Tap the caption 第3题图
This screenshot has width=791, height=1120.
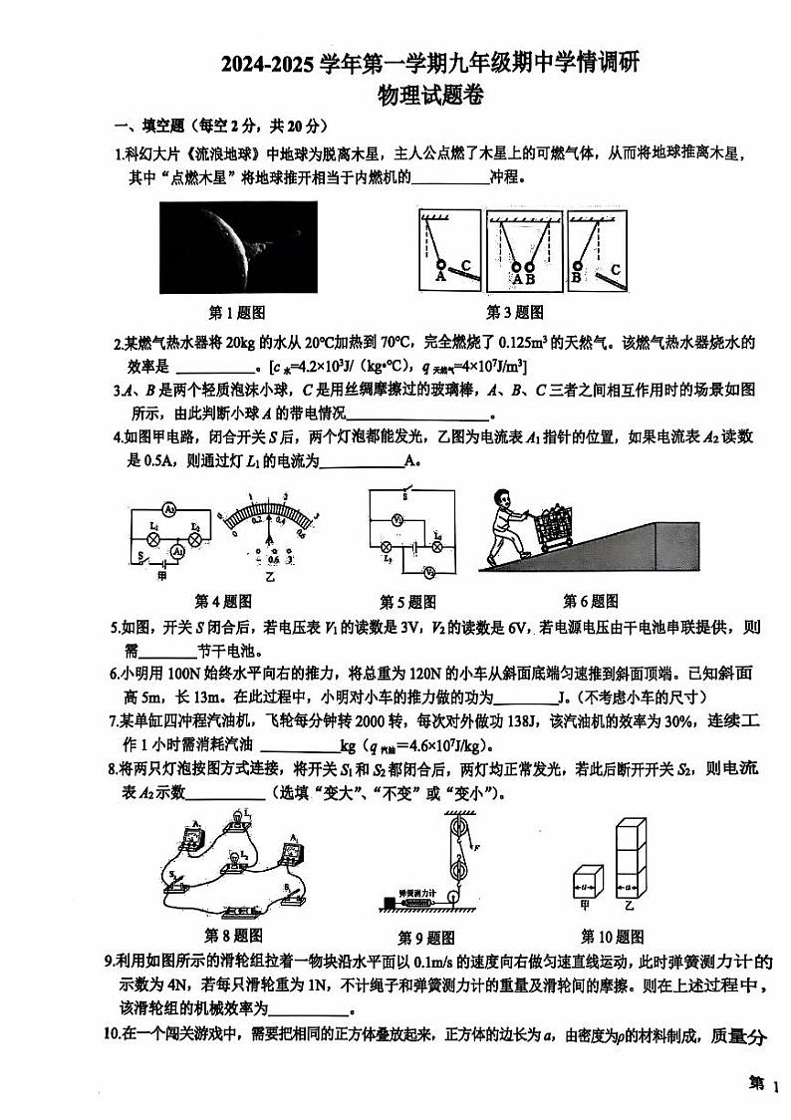(x=514, y=312)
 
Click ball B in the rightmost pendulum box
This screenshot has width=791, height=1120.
(x=576, y=267)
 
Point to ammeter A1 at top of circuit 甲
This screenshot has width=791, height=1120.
(x=169, y=509)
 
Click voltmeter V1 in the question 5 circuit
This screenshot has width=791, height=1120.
(x=395, y=520)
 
